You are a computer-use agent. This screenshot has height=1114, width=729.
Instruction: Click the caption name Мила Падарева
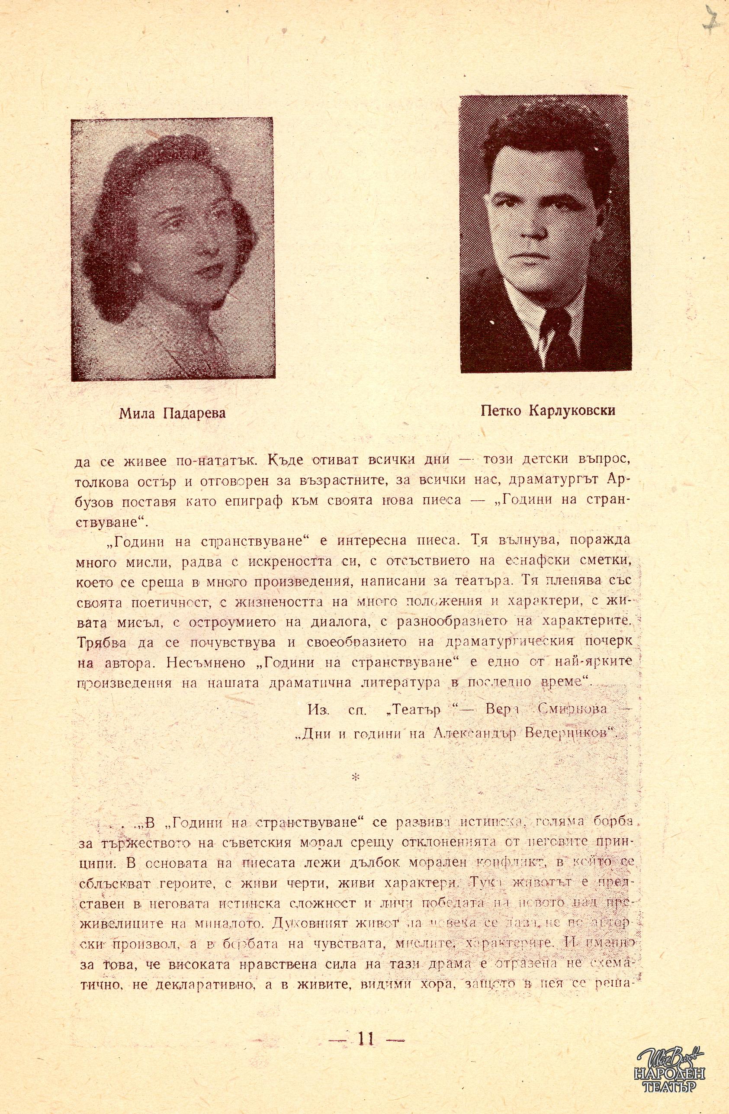coord(172,413)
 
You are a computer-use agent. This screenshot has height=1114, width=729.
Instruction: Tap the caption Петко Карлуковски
coord(548,410)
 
